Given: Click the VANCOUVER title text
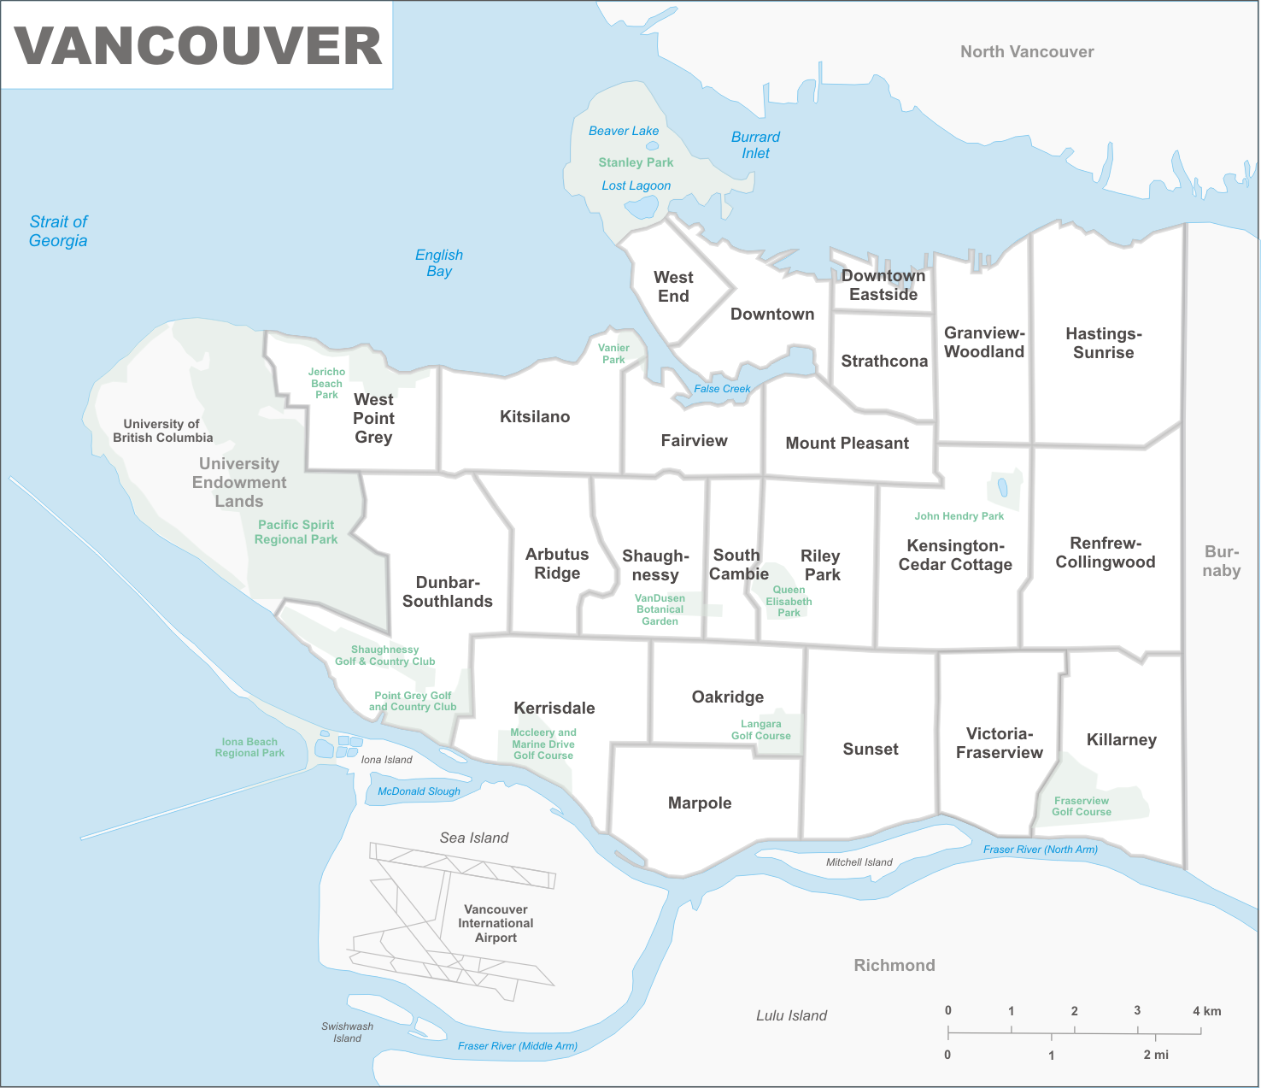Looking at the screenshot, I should (x=197, y=46).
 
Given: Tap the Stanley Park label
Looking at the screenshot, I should (x=636, y=162).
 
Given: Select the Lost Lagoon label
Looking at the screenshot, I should (x=636, y=185).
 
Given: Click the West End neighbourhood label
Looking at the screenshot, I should (x=673, y=287).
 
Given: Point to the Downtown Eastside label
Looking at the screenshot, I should (x=883, y=285).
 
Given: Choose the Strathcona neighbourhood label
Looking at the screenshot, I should (x=884, y=362).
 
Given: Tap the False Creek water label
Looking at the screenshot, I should (x=722, y=389).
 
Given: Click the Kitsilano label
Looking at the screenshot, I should (x=535, y=417).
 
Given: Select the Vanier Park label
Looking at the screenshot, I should (x=613, y=354).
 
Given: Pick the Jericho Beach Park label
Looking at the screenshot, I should (x=326, y=383).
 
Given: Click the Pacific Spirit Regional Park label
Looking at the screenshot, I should (x=296, y=532).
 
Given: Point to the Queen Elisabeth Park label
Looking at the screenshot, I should (x=789, y=601).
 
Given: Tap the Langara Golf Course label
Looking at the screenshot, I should (x=760, y=730).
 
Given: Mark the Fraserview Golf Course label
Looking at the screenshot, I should (x=1082, y=806).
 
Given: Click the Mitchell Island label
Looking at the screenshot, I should (x=859, y=862).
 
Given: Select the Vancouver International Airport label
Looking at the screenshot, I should (x=496, y=924).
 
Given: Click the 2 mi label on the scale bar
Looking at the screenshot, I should (x=1156, y=1055).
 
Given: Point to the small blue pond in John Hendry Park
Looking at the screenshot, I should (x=1003, y=487).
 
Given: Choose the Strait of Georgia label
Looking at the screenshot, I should (x=58, y=232).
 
